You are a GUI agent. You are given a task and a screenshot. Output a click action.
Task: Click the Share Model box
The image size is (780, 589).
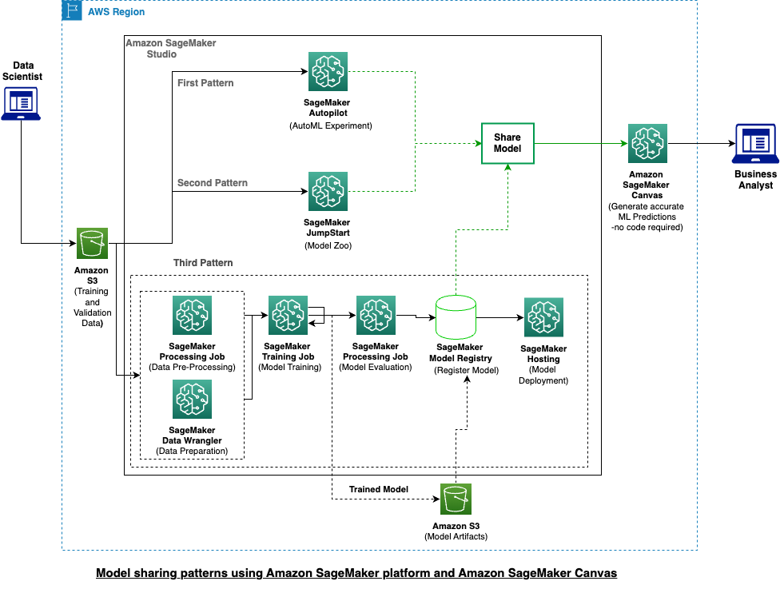click(x=507, y=144)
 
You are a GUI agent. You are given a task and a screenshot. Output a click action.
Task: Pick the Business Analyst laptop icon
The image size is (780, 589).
click(x=755, y=144)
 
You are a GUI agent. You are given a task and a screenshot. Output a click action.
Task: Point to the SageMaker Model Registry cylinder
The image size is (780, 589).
click(x=456, y=317)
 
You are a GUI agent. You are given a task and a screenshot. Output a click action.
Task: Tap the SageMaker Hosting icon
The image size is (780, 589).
click(x=543, y=317)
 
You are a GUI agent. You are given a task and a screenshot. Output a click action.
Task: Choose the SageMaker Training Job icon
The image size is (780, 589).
click(x=288, y=316)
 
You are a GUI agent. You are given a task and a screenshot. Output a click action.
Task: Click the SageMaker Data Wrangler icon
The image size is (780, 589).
click(x=192, y=400)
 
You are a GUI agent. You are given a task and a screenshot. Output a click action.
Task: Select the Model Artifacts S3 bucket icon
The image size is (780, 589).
click(x=455, y=499)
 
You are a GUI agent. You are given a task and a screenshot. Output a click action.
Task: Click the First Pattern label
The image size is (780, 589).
click(x=206, y=83)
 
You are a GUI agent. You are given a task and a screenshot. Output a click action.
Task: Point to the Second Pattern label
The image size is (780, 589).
click(x=212, y=183)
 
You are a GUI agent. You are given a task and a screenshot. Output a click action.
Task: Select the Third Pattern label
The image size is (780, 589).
click(x=203, y=263)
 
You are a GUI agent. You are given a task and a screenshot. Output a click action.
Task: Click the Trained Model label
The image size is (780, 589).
click(x=379, y=489)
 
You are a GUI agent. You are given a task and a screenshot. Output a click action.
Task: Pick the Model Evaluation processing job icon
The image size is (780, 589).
click(x=375, y=316)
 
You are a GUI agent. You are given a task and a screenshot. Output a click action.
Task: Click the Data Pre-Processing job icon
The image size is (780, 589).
click(x=192, y=316)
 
